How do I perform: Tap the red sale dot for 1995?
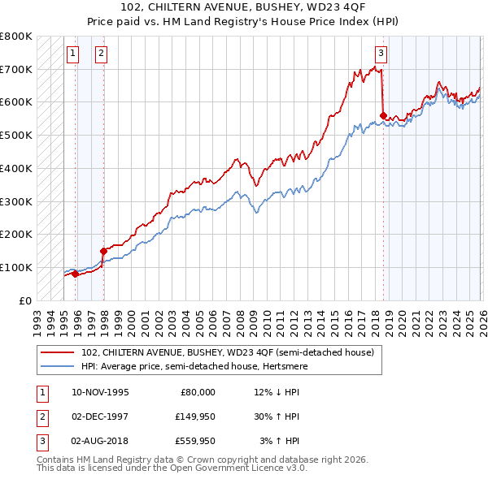click(75, 274)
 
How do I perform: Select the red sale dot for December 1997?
click(103, 251)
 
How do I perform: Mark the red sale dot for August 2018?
click(383, 115)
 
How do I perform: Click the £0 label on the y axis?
click(24, 300)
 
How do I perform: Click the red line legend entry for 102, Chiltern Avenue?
click(228, 352)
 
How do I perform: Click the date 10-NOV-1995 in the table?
click(100, 392)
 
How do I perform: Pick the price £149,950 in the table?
click(195, 416)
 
